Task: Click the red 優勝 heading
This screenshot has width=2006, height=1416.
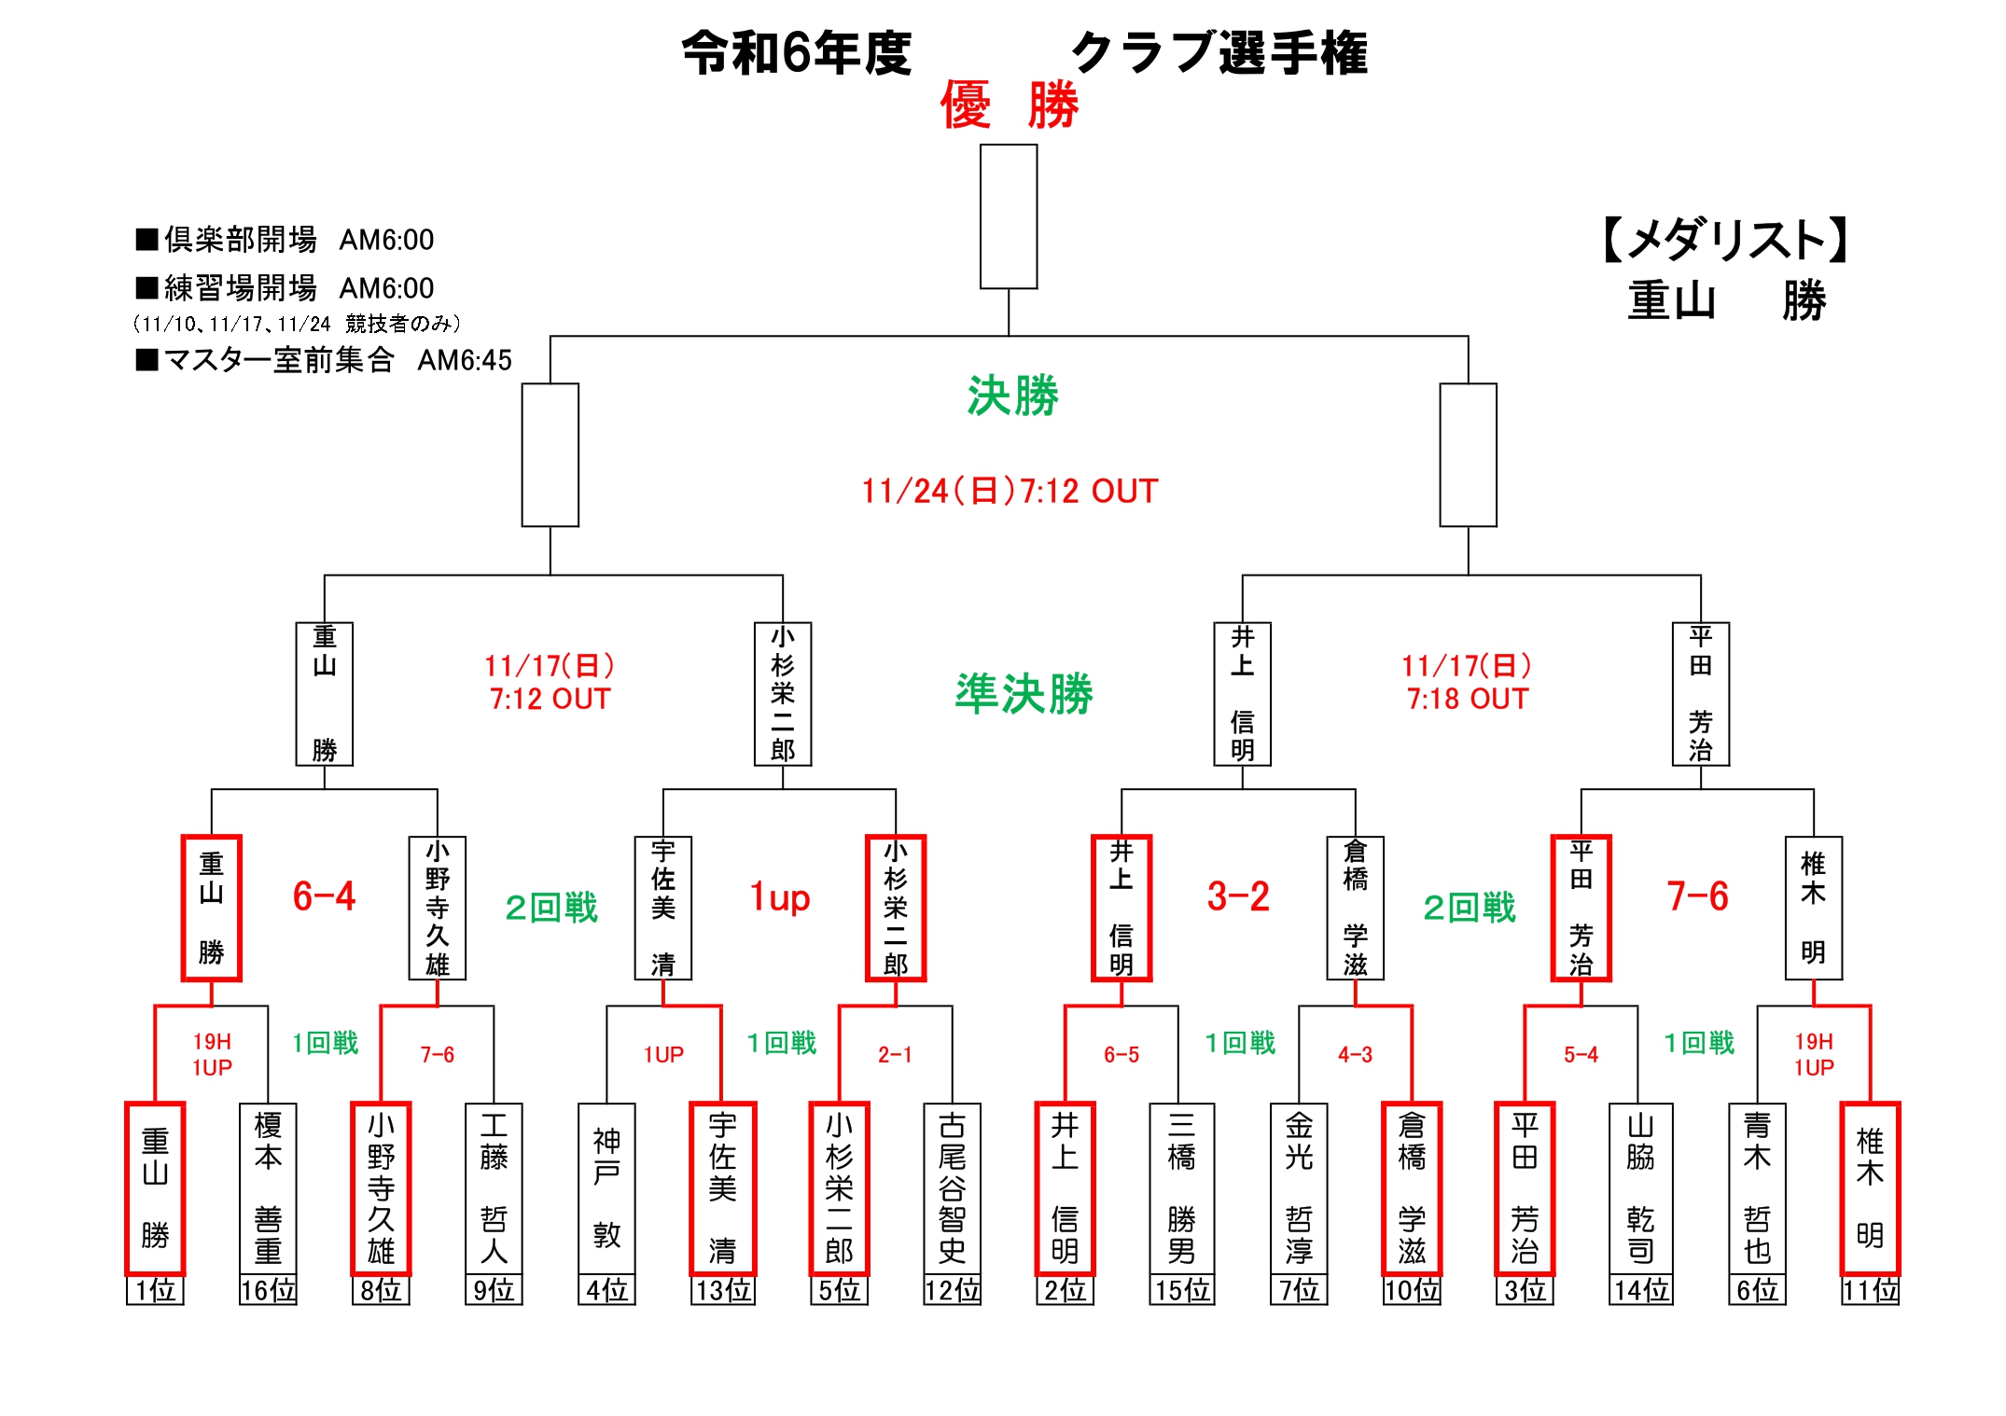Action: tap(1009, 104)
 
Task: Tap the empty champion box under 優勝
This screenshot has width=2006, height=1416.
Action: tap(1009, 216)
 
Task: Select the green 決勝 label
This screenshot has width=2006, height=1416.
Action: tap(1012, 396)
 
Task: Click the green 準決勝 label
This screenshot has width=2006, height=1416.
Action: tap(1024, 694)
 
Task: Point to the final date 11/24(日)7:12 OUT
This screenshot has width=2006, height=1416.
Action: tap(1010, 491)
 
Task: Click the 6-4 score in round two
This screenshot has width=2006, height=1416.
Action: tap(324, 896)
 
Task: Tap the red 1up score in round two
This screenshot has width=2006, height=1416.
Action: tap(780, 897)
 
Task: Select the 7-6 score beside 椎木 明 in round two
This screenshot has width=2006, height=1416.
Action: tap(1697, 896)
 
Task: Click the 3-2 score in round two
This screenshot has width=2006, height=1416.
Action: tap(1238, 896)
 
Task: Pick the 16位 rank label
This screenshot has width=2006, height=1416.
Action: tap(268, 1290)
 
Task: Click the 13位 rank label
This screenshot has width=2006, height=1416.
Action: tap(722, 1290)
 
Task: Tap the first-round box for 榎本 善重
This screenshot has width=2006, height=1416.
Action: tap(268, 1188)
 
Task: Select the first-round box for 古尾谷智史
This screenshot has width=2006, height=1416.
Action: tap(952, 1188)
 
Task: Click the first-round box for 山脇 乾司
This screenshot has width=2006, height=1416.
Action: tap(1640, 1188)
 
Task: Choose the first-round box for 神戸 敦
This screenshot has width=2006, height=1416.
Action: tap(606, 1188)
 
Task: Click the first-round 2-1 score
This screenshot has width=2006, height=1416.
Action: tap(895, 1055)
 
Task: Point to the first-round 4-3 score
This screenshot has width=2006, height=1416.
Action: tap(1355, 1055)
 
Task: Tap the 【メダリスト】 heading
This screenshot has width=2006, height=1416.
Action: tap(1725, 240)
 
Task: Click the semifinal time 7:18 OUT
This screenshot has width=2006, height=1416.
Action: tap(1468, 699)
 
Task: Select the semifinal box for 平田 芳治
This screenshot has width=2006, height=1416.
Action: tap(1700, 694)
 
